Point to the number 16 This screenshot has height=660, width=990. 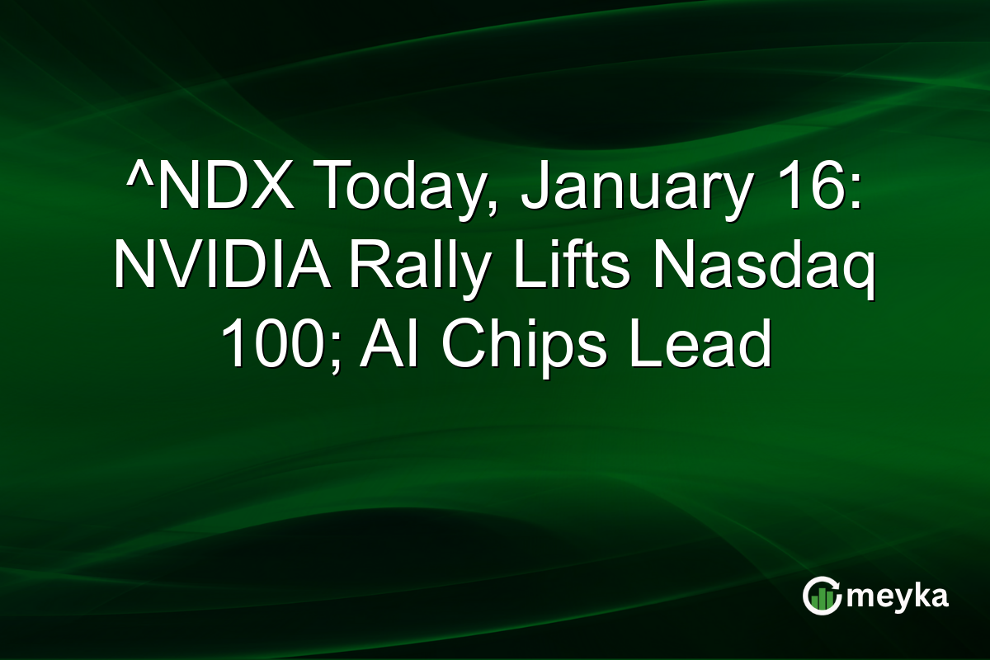[x=813, y=186]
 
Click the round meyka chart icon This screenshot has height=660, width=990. [x=820, y=596]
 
